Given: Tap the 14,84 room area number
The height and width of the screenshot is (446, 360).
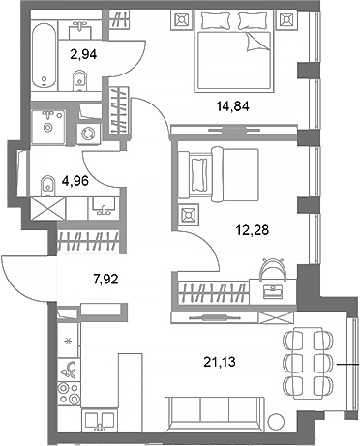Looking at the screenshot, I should [243, 106].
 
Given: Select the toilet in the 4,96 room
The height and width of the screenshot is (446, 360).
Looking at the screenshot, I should [47, 181].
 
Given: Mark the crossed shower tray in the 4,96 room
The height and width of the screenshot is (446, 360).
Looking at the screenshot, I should [45, 208].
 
